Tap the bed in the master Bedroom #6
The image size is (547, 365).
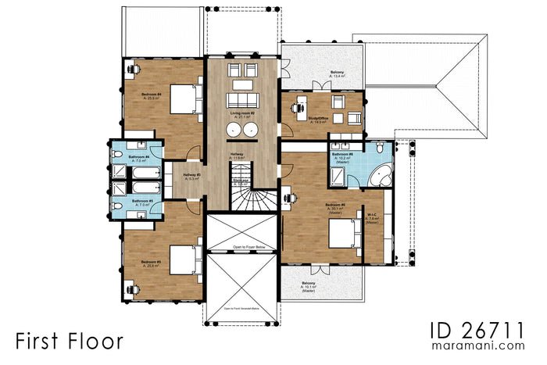[345, 232]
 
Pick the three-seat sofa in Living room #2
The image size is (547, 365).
[242, 100]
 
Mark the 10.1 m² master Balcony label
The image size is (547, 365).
[309, 287]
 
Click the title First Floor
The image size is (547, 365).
[69, 341]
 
